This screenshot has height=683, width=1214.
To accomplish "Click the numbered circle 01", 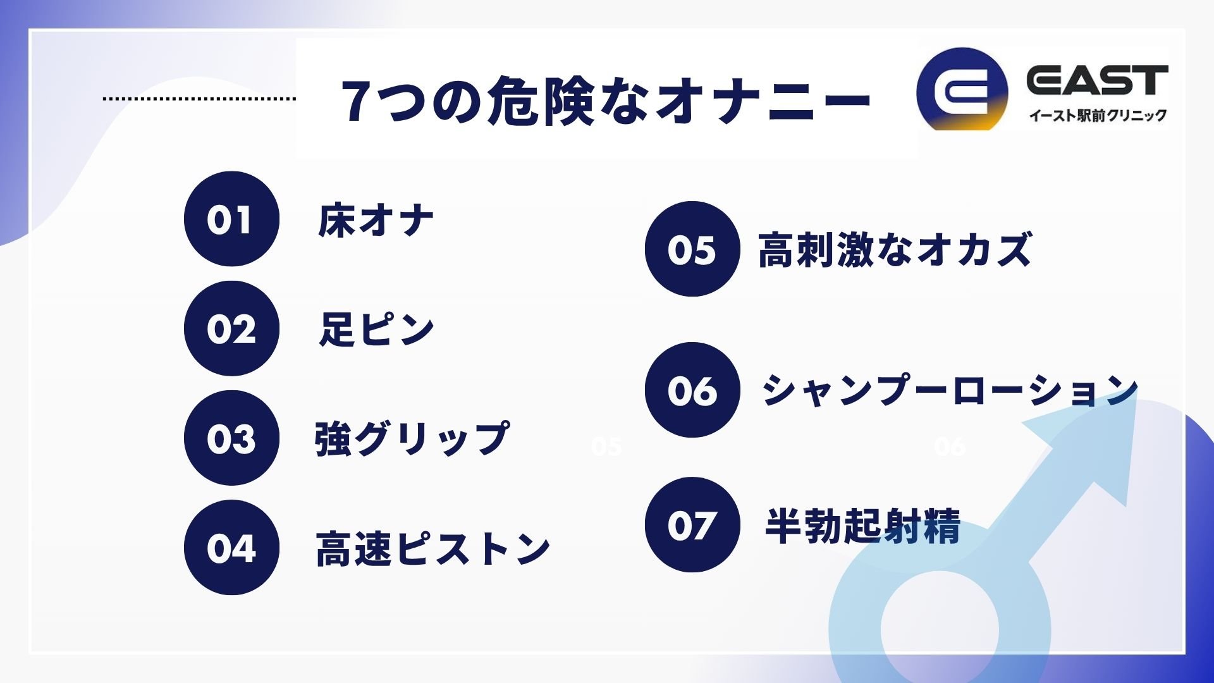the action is tap(231, 219).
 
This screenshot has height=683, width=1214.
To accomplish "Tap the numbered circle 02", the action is tap(231, 329).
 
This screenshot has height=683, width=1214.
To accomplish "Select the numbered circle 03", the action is tap(231, 438).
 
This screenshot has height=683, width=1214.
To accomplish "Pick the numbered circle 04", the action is tap(231, 548).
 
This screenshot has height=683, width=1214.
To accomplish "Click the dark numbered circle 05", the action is tap(692, 249).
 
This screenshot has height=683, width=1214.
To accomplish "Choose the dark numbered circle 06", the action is tap(692, 390).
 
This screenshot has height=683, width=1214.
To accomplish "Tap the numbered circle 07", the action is tap(692, 525).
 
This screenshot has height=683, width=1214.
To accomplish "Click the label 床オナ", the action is tap(376, 221).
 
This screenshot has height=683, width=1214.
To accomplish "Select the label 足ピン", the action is tap(377, 329).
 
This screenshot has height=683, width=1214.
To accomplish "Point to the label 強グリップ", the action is tap(412, 438).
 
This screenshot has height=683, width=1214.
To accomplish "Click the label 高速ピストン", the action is tap(433, 548).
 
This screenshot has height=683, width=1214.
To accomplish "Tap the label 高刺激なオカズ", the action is tap(895, 249).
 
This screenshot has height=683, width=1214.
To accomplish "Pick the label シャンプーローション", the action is tap(950, 390).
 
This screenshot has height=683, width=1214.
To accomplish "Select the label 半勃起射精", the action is tap(863, 526).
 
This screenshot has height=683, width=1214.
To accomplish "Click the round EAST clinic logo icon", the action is tap(962, 90).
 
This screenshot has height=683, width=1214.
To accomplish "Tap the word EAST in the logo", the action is tap(1097, 80).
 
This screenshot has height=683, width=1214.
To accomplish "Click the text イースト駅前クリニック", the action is tap(1098, 116).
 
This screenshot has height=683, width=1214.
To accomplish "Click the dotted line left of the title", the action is tap(199, 99).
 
